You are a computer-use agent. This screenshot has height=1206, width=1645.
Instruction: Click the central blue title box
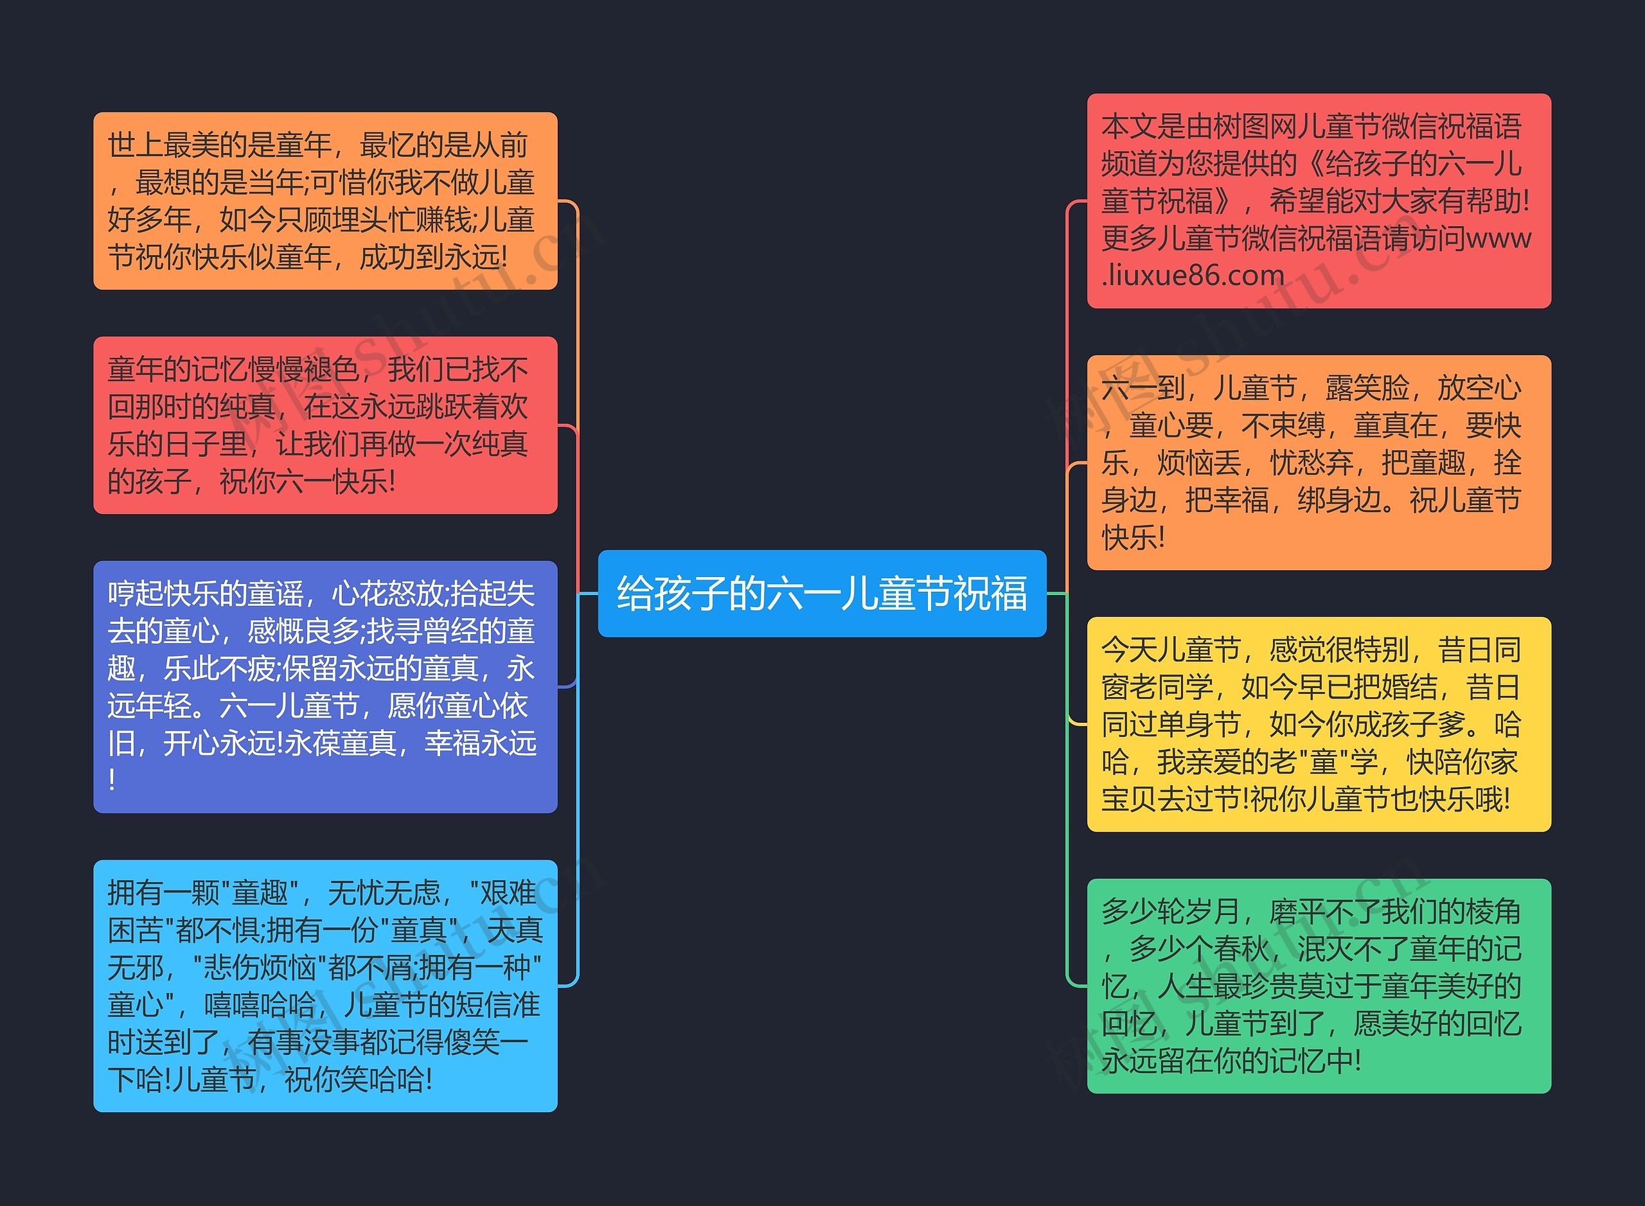[x=821, y=593]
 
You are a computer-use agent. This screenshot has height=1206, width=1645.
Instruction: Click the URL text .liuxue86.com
[x=1193, y=275]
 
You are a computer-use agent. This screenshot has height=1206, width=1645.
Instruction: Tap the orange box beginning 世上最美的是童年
[x=325, y=200]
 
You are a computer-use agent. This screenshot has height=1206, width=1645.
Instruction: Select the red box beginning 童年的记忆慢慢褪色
[x=325, y=425]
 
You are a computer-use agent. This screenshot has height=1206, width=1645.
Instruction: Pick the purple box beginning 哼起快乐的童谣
[x=325, y=686]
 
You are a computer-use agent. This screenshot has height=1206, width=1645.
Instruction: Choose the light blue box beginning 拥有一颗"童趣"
[x=325, y=986]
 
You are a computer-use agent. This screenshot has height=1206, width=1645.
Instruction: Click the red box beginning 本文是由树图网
[x=1318, y=200]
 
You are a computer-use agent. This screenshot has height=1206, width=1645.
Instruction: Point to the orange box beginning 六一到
[x=1318, y=462]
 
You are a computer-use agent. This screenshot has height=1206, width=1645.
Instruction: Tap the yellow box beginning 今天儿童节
[x=1318, y=723]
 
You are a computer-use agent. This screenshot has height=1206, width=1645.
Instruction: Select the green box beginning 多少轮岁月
[x=1318, y=986]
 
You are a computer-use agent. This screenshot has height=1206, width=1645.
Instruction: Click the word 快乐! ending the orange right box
[x=1132, y=538]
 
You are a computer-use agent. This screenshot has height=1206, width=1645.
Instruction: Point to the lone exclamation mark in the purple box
[x=112, y=779]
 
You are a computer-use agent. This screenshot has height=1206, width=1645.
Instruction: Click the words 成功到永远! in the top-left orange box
[x=433, y=257]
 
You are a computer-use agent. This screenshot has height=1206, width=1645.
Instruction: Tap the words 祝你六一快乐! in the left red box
[x=307, y=482]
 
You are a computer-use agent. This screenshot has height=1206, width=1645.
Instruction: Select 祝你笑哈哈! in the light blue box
[x=358, y=1079]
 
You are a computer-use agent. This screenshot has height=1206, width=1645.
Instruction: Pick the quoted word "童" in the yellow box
[x=1323, y=762]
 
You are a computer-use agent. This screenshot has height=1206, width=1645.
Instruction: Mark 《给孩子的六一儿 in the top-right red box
[x=1412, y=164]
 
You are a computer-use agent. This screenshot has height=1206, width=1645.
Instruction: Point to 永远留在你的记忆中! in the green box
[x=1231, y=1061]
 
